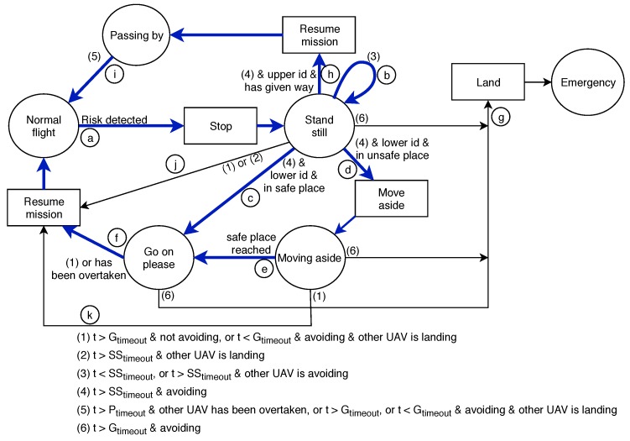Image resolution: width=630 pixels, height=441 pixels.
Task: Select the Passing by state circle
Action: coord(135,35)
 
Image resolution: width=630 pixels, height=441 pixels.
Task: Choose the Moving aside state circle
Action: coord(310,259)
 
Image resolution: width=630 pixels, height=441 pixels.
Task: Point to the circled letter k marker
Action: coord(91,313)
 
